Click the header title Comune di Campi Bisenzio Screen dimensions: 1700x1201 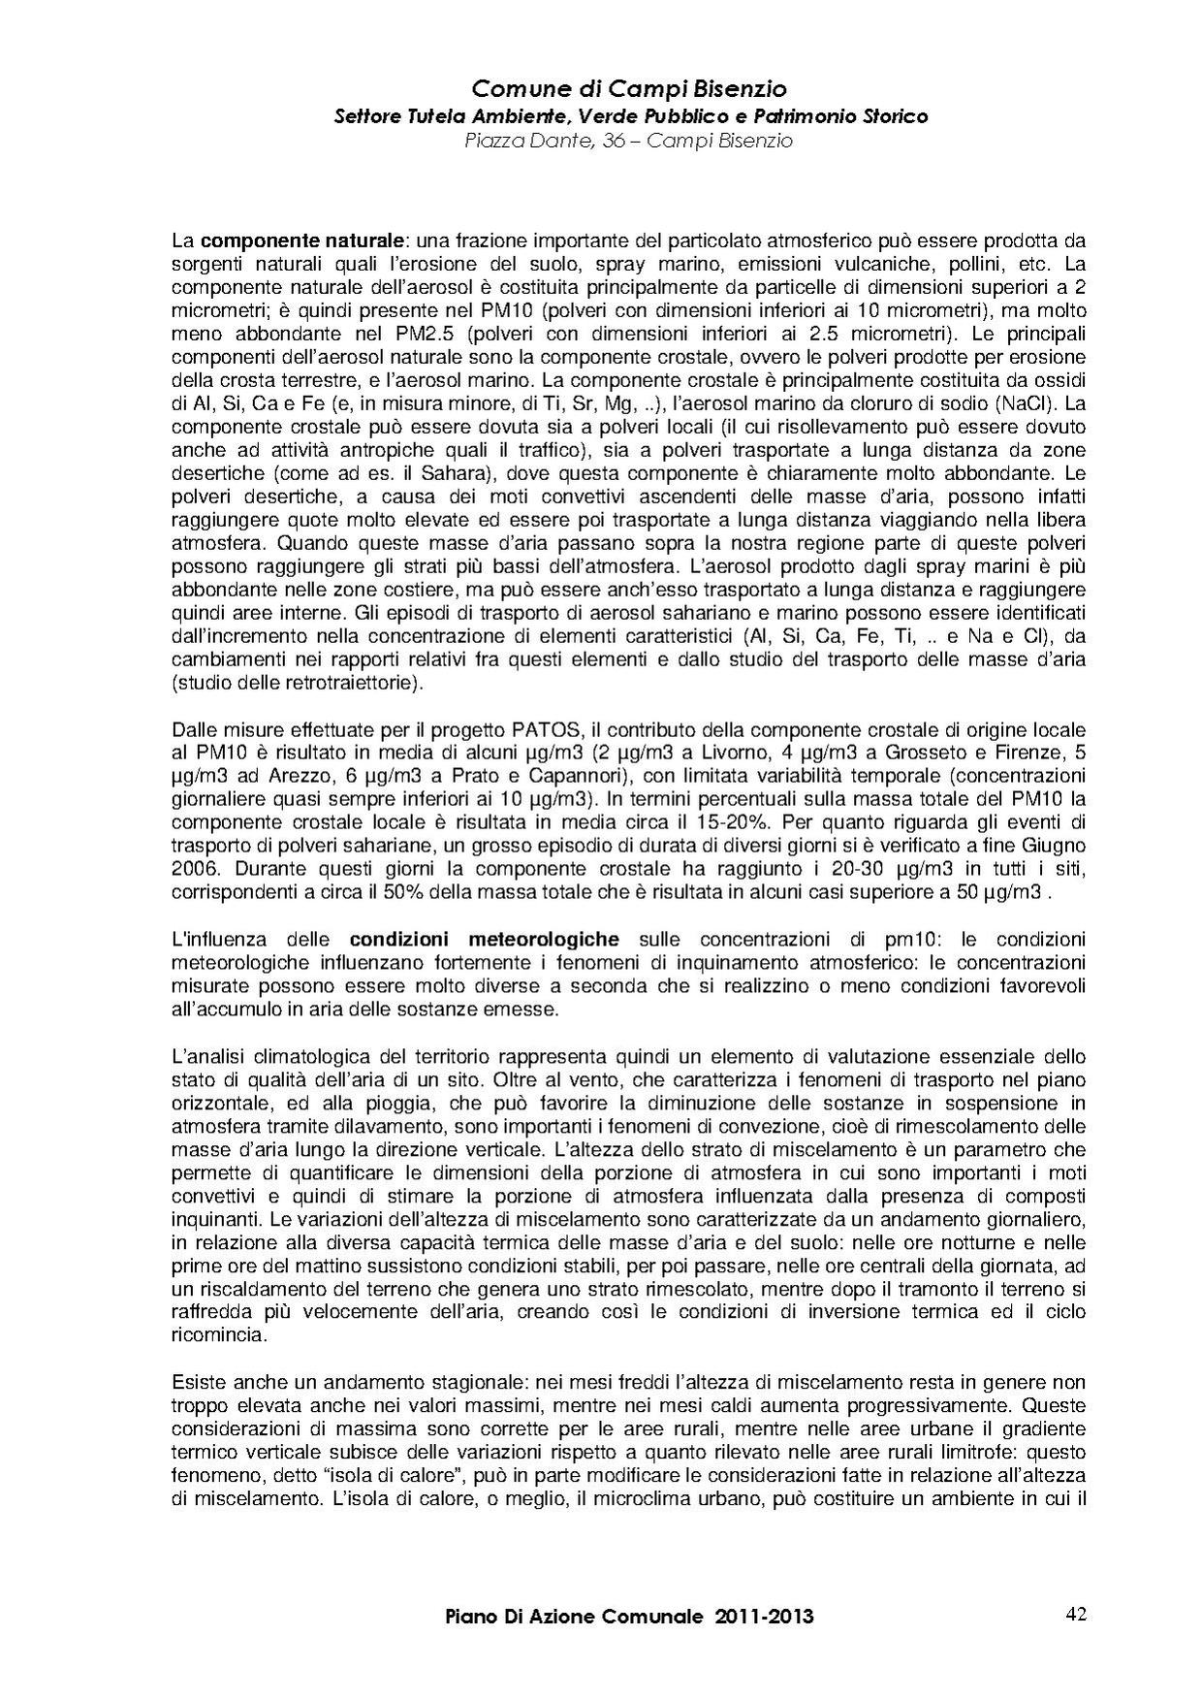tap(629, 90)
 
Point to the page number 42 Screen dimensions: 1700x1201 tap(1075, 1615)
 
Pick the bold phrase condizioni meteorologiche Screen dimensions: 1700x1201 tap(484, 939)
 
